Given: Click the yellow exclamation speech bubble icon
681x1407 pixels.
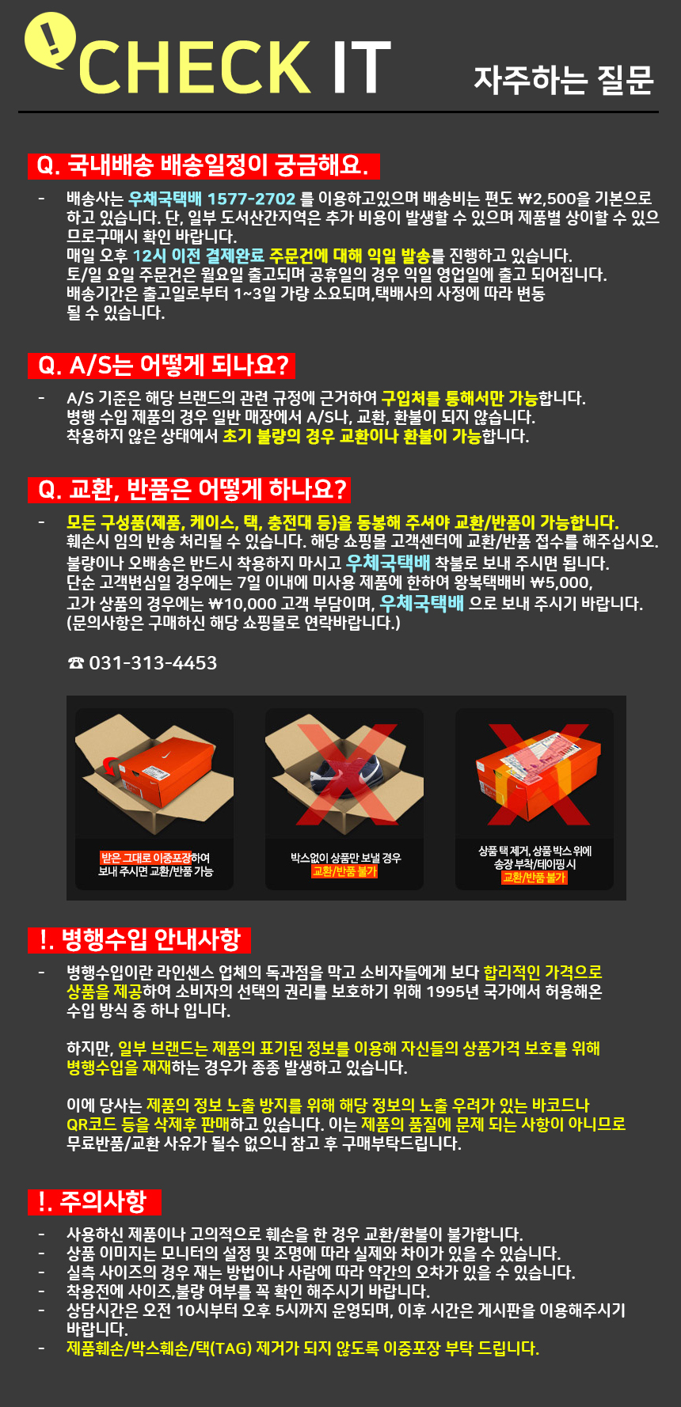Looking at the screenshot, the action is (x=50, y=40).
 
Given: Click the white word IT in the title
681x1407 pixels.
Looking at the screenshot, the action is (x=361, y=69).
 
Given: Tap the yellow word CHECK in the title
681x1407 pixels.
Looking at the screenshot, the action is (x=195, y=69).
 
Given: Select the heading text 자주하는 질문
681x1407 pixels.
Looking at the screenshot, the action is (x=564, y=79).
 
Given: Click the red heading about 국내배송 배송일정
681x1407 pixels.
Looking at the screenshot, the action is (x=204, y=165).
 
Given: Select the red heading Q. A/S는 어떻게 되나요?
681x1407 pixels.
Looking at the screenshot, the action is (x=162, y=366).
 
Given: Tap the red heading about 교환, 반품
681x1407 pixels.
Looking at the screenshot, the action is (x=189, y=490).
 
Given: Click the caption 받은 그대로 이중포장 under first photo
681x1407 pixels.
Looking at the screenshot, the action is (x=146, y=858).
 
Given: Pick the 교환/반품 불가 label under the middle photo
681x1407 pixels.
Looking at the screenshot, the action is (x=344, y=871).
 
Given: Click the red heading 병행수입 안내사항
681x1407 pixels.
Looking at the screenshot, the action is (x=139, y=940).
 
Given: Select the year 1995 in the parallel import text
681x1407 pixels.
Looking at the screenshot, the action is (x=447, y=992).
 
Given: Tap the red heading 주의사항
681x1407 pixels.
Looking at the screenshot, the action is (x=94, y=1202).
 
